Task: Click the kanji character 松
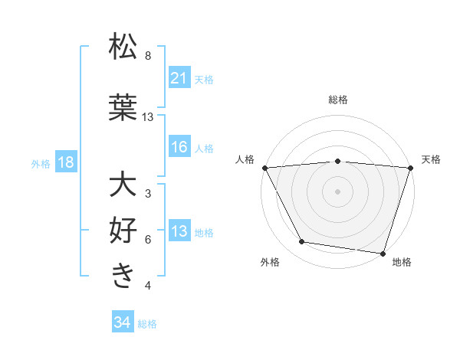click(123, 47)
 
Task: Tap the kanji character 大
click(123, 185)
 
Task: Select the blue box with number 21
click(179, 79)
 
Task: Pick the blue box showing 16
click(179, 148)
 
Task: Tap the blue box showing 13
click(179, 232)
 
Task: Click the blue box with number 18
click(65, 163)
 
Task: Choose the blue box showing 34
click(122, 323)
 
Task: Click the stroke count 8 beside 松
click(148, 56)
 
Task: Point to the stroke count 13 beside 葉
click(148, 117)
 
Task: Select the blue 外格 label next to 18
click(41, 164)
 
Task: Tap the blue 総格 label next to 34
click(147, 324)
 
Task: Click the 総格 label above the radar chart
click(338, 100)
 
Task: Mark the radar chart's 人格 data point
click(264, 167)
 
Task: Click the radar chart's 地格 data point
click(383, 253)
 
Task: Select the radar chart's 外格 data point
click(302, 242)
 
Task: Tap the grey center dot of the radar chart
click(338, 191)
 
